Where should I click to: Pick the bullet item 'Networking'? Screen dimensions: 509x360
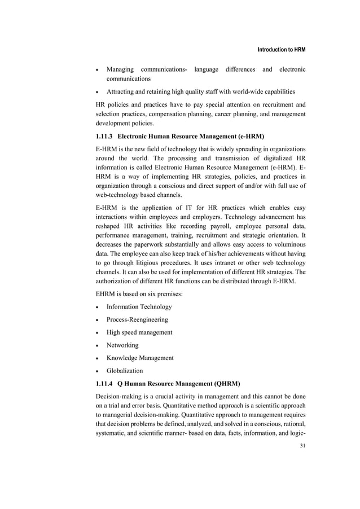coord(122,345)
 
